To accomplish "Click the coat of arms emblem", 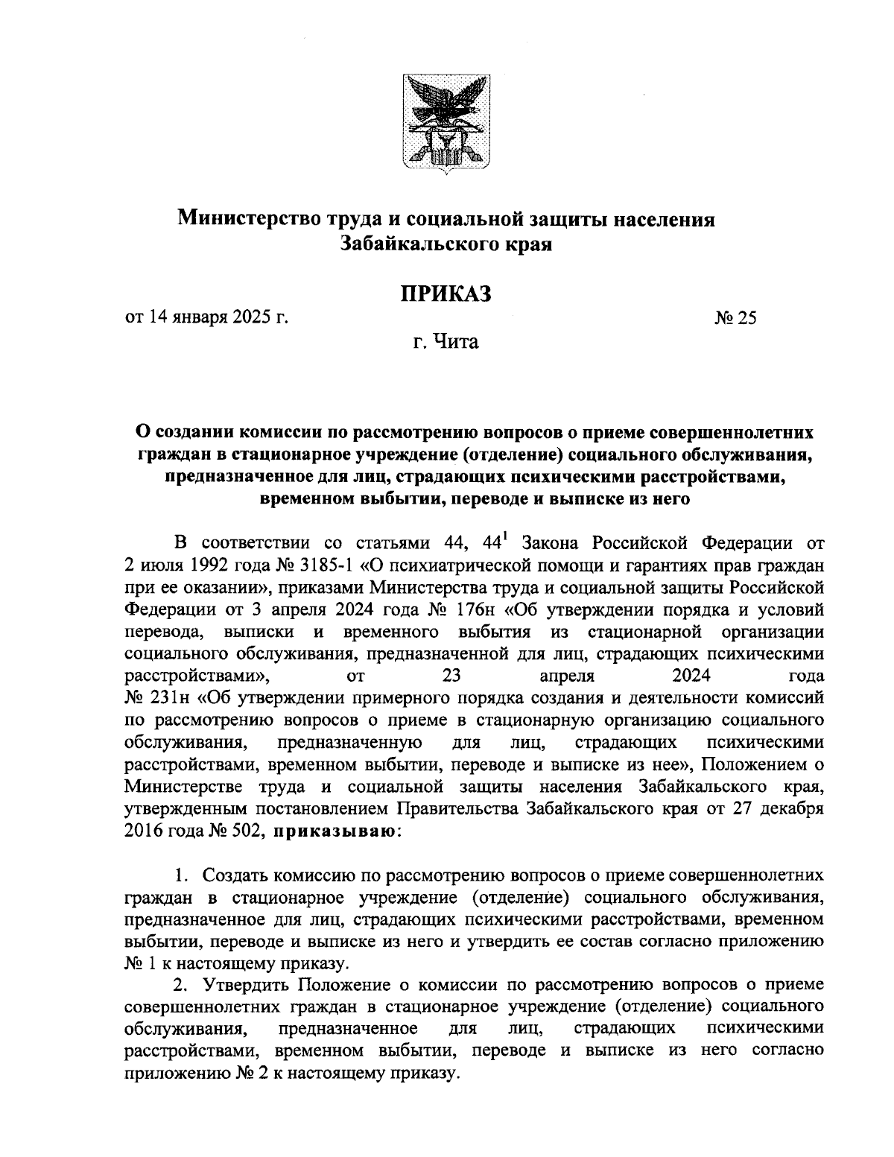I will [446, 123].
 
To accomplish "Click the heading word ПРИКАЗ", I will [446, 293].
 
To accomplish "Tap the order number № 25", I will [735, 318].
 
